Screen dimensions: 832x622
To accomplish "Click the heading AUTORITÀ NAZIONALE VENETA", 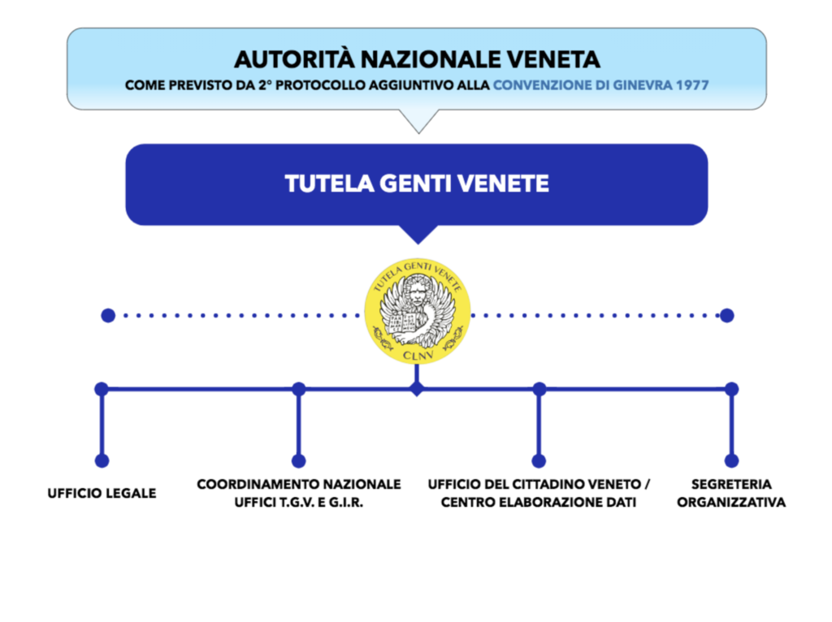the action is (417, 59).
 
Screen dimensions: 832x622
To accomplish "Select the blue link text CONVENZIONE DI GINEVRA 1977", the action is (600, 85).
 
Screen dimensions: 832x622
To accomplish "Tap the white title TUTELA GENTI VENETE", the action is (417, 184).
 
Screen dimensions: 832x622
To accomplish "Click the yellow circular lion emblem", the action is (417, 311).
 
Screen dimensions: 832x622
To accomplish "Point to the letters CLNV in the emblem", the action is (418, 355).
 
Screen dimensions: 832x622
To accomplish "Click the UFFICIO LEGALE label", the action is (102, 494).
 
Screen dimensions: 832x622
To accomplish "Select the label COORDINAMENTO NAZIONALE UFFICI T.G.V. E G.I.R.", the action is (299, 493).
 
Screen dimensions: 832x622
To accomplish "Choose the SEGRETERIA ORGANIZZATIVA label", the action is (731, 493).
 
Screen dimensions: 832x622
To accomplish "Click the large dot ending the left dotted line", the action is (108, 316).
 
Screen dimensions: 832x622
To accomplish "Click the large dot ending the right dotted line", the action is (727, 316).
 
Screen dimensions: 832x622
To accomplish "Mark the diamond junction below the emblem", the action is (417, 389).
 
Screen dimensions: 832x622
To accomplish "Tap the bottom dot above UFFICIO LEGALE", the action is (102, 460).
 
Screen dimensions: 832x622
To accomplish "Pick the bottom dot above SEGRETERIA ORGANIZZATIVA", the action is (732, 460).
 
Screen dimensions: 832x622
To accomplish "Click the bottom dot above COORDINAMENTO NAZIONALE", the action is (299, 460).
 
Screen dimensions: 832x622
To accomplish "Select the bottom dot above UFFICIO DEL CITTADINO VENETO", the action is (539, 460).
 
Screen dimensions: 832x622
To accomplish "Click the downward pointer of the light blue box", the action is (418, 122).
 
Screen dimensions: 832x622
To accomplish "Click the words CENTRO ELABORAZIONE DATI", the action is (539, 502).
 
